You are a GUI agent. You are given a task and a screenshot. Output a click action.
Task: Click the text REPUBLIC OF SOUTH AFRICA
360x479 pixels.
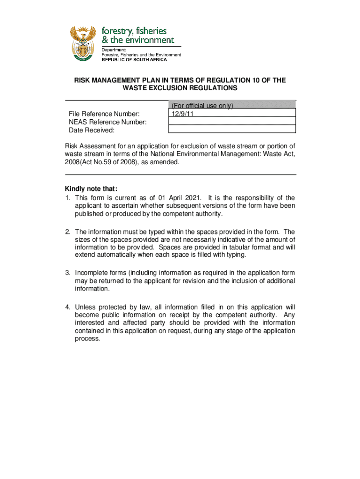(134, 59)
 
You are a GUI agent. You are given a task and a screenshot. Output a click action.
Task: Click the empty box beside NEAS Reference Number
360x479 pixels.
(231, 122)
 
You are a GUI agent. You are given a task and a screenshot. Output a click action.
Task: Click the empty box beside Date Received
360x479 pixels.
(231, 130)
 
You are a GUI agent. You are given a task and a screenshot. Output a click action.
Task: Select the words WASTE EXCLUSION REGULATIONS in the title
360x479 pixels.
(180, 88)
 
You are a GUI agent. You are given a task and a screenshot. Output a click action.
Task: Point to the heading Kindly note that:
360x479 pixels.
(91, 189)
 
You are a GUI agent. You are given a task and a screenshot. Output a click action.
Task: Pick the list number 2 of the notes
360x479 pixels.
(67, 232)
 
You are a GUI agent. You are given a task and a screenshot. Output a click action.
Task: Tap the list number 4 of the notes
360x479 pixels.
(67, 307)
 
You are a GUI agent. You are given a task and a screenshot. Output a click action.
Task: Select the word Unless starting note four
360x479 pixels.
(85, 307)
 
